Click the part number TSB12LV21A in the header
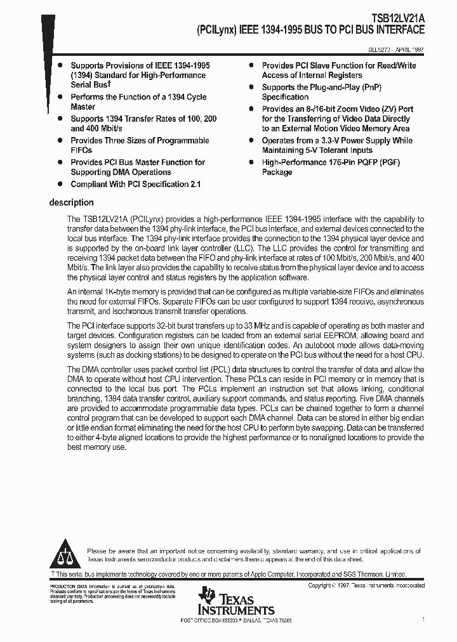click(x=397, y=20)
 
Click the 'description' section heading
click(x=71, y=203)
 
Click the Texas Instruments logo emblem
click(x=207, y=596)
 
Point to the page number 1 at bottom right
click(x=423, y=619)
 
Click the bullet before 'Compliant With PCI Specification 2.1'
click(x=60, y=184)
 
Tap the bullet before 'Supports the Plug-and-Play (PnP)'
click(x=251, y=88)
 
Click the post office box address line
click(x=236, y=620)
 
